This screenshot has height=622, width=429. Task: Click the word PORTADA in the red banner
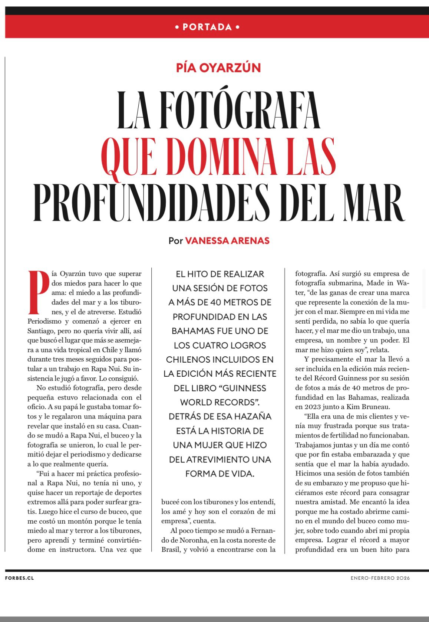207,27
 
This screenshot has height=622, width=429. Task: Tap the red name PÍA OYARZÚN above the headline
218,68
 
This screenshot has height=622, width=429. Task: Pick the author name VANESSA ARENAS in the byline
227,240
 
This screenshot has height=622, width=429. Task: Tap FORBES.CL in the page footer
20,578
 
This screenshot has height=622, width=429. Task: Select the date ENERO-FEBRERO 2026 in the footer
380,578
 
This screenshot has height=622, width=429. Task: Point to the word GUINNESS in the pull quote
245,388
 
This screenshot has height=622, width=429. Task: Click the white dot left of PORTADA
176,27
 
